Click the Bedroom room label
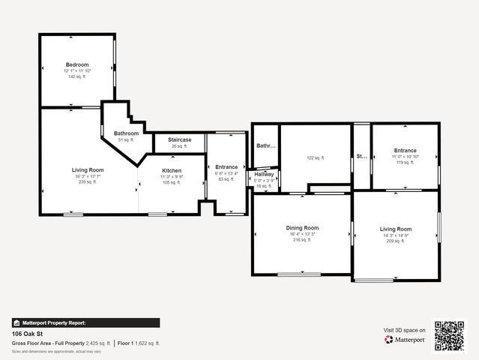pos(77,64)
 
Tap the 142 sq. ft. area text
pos(77,76)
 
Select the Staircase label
pos(179,139)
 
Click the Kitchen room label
pos(172,170)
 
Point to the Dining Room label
pos(302,228)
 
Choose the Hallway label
pos(264,174)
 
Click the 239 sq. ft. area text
pos(88,182)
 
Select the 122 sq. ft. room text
pos(315,158)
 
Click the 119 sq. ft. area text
pos(406,163)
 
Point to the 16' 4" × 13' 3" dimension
pos(302,234)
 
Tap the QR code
pos(449,334)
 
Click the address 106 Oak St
pos(26,334)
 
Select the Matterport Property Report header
pos(53,322)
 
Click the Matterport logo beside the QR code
pos(406,340)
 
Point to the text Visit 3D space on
pos(405,330)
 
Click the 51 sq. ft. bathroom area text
pos(126,140)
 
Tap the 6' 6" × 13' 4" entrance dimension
pos(226,173)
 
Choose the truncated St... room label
pos(361,157)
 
